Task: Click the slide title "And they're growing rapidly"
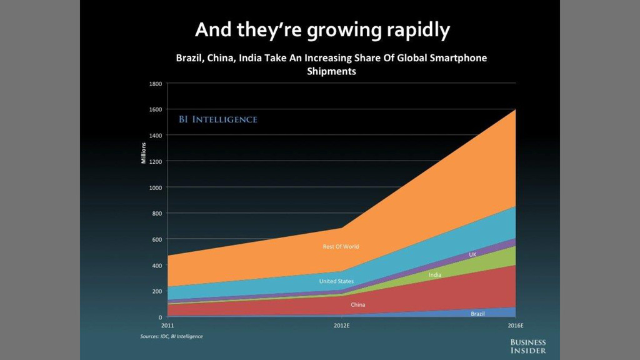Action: click(322, 29)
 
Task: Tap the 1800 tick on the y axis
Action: click(155, 83)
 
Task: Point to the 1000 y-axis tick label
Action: click(155, 187)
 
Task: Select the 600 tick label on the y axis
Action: click(157, 239)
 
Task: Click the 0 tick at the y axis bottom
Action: click(161, 317)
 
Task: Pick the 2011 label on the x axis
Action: click(167, 326)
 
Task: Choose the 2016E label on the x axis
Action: click(515, 326)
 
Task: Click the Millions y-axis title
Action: click(143, 153)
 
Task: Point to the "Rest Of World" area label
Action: click(341, 247)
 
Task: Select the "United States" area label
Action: click(336, 281)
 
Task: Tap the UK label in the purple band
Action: click(472, 255)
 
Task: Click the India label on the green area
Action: click(436, 275)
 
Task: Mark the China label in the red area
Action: click(357, 305)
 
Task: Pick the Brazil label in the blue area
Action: click(477, 313)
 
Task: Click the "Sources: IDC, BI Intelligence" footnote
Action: click(171, 336)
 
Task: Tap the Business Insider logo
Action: click(528, 346)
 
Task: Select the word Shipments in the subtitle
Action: click(331, 71)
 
